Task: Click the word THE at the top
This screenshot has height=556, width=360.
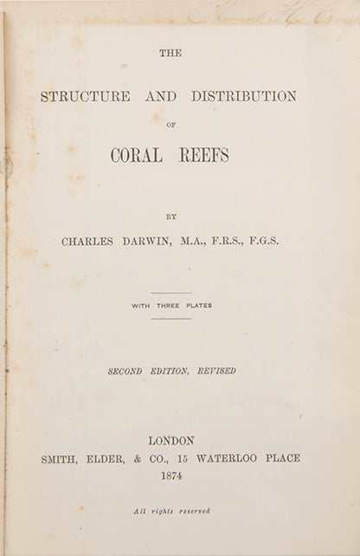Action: pos(170,53)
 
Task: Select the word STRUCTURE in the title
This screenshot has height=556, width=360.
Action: pos(86,96)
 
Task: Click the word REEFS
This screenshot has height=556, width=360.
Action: pos(203,155)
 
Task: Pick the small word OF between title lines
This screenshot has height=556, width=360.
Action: pos(170,123)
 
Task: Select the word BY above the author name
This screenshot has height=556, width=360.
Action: pos(170,217)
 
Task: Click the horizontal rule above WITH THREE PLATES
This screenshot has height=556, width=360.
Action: pos(170,293)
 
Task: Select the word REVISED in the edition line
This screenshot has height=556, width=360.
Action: pos(216,371)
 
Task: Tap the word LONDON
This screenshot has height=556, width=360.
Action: pos(170,441)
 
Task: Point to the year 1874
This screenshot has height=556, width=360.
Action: pos(170,475)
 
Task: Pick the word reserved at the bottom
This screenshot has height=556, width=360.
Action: pos(195,512)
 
